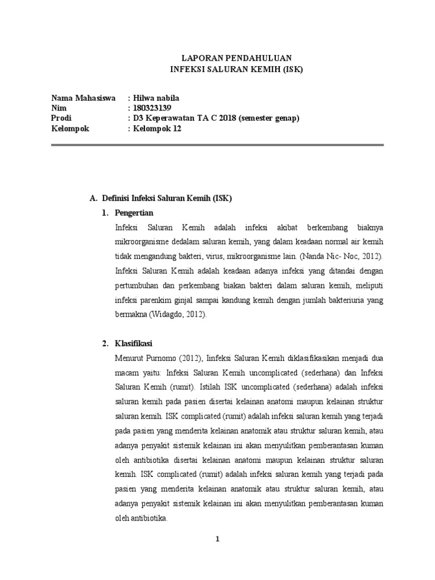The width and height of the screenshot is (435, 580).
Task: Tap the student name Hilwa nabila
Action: [155, 98]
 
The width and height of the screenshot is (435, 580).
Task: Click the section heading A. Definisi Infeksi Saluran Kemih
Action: [161, 199]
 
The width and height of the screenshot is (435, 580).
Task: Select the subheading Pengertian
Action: [134, 213]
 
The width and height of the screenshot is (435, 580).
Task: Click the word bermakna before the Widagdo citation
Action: [131, 314]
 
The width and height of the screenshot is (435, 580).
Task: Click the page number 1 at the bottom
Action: [217, 540]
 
